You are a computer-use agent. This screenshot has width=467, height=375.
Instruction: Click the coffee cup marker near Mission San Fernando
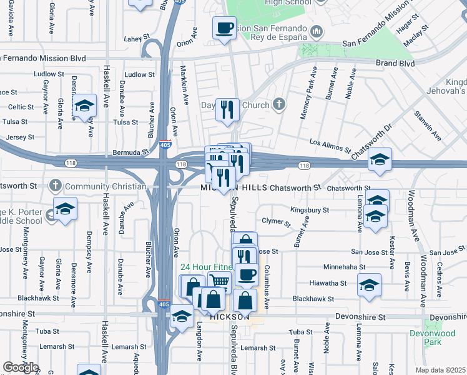point(224,27)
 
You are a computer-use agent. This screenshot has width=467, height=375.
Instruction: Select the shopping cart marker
point(219,282)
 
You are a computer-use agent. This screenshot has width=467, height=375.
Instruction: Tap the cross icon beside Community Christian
point(56,186)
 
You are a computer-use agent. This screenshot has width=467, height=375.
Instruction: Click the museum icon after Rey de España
point(317,31)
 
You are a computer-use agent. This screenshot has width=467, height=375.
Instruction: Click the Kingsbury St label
point(310,210)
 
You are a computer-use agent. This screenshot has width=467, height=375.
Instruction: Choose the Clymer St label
point(277,222)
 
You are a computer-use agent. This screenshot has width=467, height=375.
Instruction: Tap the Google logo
point(21,367)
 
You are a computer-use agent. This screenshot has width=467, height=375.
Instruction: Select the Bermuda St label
point(131,152)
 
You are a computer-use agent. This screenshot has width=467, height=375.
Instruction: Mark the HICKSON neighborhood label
point(225,317)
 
